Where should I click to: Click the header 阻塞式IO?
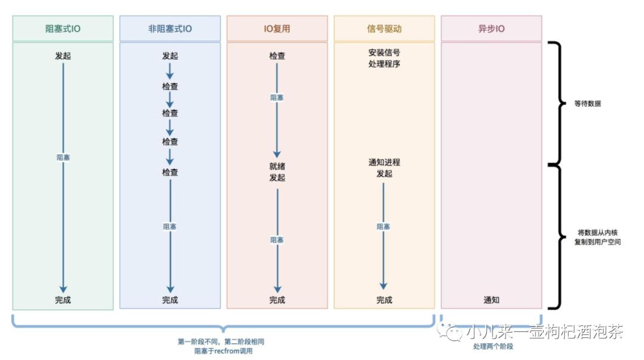[63, 29]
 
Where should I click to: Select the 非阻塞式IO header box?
[170, 29]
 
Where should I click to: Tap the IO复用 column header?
[277, 29]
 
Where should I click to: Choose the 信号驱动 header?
[384, 29]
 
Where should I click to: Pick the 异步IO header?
[491, 29]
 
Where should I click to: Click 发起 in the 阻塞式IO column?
[63, 56]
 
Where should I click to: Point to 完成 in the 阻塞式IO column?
[63, 300]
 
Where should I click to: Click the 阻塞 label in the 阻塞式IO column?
[63, 157]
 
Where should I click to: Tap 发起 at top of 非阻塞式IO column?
[170, 56]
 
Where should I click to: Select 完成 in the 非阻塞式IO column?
[170, 300]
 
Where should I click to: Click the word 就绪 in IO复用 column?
[277, 166]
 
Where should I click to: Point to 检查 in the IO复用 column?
[277, 56]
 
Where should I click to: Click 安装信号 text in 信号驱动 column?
[384, 52]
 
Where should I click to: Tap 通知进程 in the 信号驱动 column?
[384, 162]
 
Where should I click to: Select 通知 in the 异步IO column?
[491, 300]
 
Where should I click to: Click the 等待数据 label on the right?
[587, 103]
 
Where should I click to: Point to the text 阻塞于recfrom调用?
[223, 351]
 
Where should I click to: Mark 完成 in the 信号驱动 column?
[384, 300]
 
